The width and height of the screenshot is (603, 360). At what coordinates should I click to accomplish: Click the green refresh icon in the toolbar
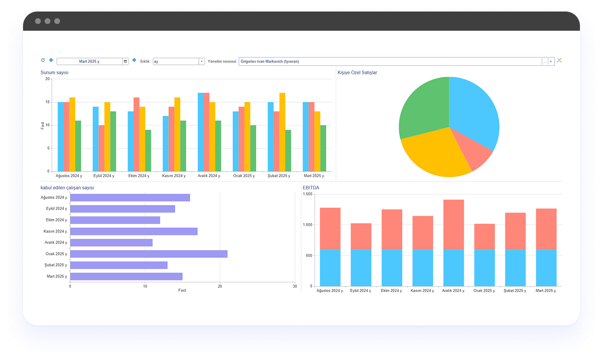pos(43,60)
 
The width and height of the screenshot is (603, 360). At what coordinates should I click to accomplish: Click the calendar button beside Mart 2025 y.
pos(125,61)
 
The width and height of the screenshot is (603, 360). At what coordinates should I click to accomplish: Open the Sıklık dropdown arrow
pos(202,61)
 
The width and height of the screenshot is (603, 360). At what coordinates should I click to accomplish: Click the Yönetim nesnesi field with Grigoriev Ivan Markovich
pos(390,61)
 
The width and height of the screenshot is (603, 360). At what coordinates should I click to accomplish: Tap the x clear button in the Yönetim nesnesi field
pos(551,61)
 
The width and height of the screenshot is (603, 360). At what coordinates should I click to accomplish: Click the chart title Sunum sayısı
pos(54,72)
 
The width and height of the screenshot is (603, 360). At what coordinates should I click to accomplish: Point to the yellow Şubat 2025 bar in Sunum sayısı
pos(282,132)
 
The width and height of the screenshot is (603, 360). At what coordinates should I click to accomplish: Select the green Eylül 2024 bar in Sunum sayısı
pos(113,141)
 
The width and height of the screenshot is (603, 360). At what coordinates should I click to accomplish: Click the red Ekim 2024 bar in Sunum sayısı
pos(136,134)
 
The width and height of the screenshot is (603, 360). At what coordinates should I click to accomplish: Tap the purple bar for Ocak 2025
pos(149,254)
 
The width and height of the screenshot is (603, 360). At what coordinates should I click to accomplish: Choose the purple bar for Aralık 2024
pos(111,243)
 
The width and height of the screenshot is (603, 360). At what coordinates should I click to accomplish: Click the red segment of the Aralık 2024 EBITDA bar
pos(454,225)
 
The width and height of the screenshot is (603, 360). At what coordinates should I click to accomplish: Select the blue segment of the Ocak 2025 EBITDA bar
pos(484,268)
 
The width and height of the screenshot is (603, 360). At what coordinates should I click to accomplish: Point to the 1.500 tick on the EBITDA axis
pos(308,194)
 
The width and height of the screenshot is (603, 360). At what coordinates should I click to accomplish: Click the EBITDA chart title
pos(311,188)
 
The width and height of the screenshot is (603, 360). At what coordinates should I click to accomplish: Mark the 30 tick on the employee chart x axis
pos(295,286)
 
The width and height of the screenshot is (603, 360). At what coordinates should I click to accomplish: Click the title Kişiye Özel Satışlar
pos(358,72)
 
